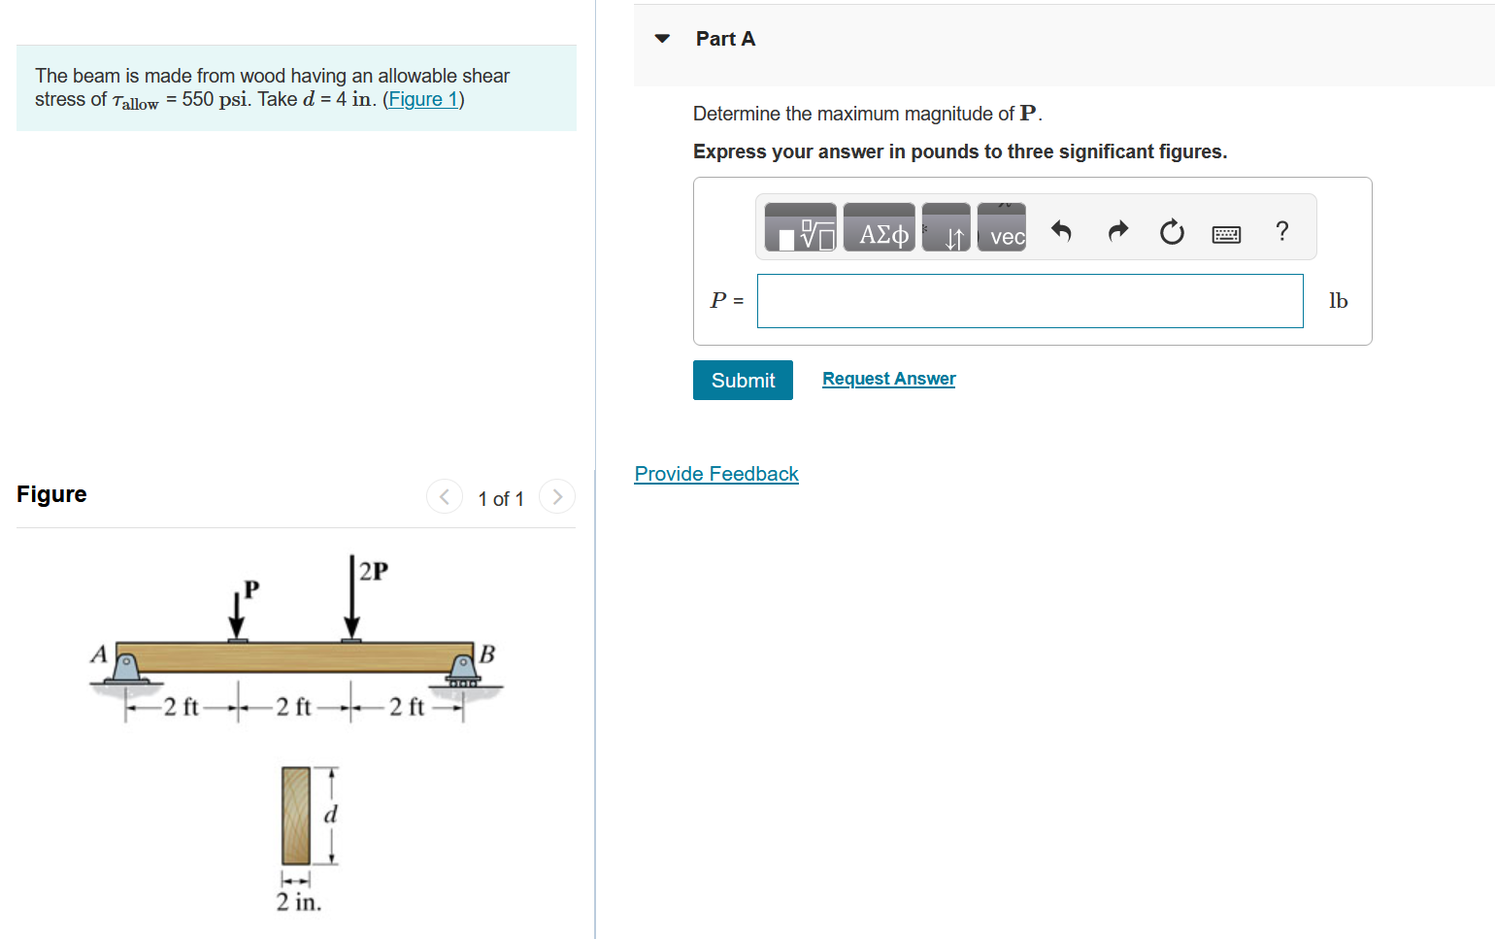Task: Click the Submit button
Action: click(x=743, y=380)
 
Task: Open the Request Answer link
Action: click(x=888, y=379)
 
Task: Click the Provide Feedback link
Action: click(x=716, y=474)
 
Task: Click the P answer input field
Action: click(x=1029, y=301)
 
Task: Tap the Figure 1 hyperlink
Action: click(x=423, y=99)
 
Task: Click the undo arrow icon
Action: click(x=1061, y=231)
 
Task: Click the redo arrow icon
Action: click(x=1118, y=231)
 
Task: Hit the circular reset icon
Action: click(x=1172, y=232)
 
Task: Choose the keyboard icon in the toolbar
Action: click(x=1226, y=234)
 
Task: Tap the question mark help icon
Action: click(x=1281, y=231)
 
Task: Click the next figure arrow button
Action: click(x=557, y=497)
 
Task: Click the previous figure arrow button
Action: click(x=445, y=497)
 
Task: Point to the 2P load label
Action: click(x=374, y=571)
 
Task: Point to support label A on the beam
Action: click(x=99, y=654)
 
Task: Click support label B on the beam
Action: click(x=487, y=654)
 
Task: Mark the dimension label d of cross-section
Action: click(x=331, y=815)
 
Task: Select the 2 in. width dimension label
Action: click(x=298, y=902)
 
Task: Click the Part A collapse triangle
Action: click(x=662, y=39)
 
